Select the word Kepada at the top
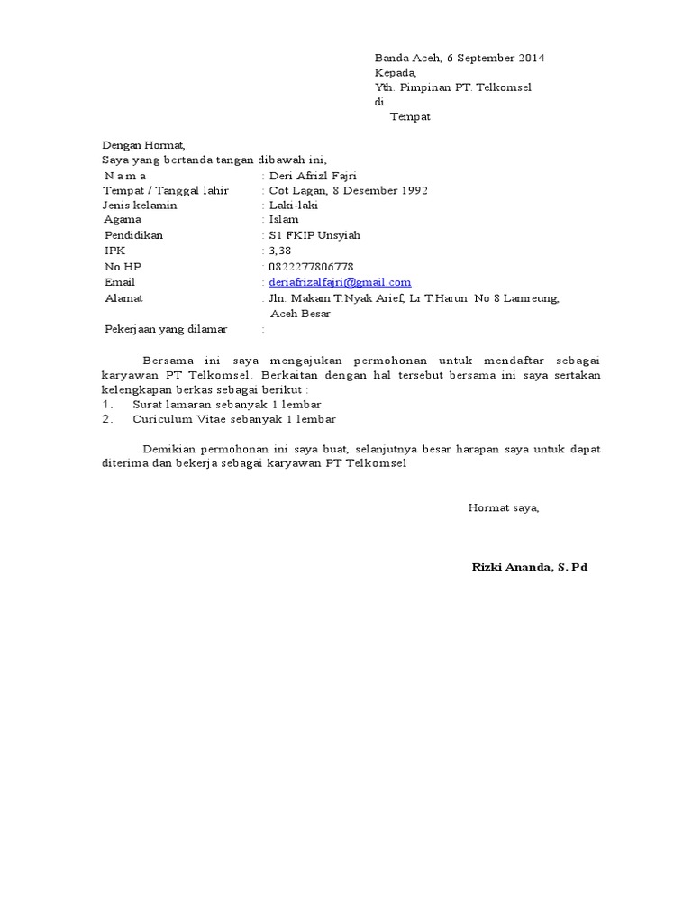click(x=395, y=73)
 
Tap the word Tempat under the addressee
click(x=409, y=117)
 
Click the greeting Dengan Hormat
click(x=142, y=145)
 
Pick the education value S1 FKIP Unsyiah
click(x=314, y=235)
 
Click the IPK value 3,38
click(x=280, y=251)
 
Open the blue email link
click(x=340, y=282)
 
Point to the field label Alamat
click(x=123, y=298)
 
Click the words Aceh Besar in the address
click(x=300, y=314)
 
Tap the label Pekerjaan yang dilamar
click(x=166, y=330)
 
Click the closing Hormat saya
click(x=503, y=508)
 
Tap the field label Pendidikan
click(x=135, y=235)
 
